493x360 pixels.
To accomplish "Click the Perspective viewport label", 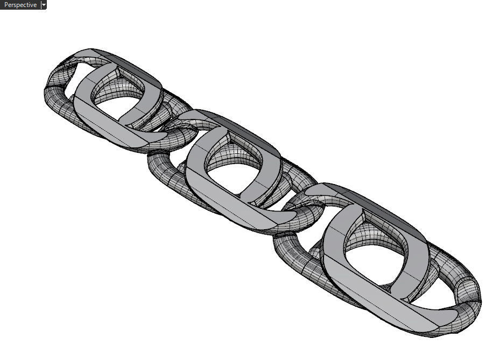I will coord(20,5).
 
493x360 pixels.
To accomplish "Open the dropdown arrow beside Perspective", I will coord(44,5).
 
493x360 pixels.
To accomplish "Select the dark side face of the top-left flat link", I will coord(137,67).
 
